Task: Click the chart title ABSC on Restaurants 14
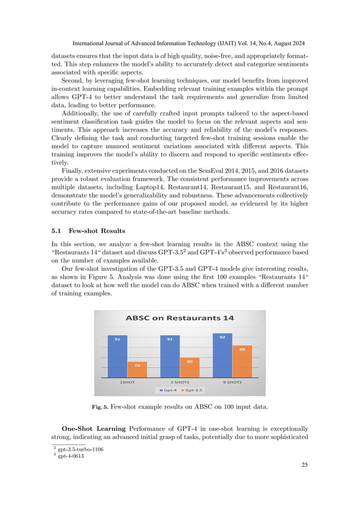coord(179,318)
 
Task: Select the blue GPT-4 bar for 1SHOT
coord(117,357)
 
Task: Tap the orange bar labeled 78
coord(137,370)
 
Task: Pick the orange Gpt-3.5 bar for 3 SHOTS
coord(190,367)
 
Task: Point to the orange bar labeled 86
coord(242,362)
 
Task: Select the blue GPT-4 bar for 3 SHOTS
coord(170,357)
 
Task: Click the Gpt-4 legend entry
coord(168,390)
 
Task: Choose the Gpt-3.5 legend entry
coord(192,390)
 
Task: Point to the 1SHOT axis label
coord(127,382)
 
